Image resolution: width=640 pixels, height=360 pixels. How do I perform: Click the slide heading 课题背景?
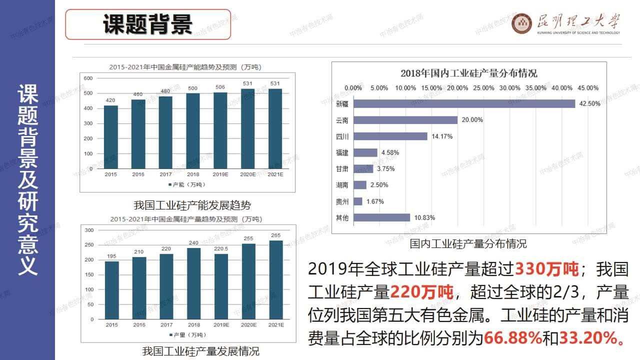tap(148, 24)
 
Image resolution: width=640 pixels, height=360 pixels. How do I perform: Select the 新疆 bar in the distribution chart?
tap(464, 103)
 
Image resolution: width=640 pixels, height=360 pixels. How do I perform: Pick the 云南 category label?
tap(342, 120)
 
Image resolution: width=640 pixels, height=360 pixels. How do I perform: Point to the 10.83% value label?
tap(424, 217)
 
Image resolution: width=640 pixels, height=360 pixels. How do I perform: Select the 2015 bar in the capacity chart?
tap(111, 137)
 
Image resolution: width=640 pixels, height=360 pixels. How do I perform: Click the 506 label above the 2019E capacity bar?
tap(220, 87)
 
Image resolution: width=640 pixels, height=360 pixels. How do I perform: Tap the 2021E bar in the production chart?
tap(275, 279)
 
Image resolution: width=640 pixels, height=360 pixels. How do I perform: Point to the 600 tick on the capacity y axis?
tap(88, 78)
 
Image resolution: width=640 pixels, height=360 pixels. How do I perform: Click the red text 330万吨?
tap(546, 269)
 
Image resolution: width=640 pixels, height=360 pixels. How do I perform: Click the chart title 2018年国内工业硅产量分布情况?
tap(468, 73)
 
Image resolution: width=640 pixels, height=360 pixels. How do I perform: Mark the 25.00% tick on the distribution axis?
tap(483, 88)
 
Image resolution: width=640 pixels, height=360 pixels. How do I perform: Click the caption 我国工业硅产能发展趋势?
tap(192, 205)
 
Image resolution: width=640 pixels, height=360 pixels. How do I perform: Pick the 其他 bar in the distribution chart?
tap(381, 217)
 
